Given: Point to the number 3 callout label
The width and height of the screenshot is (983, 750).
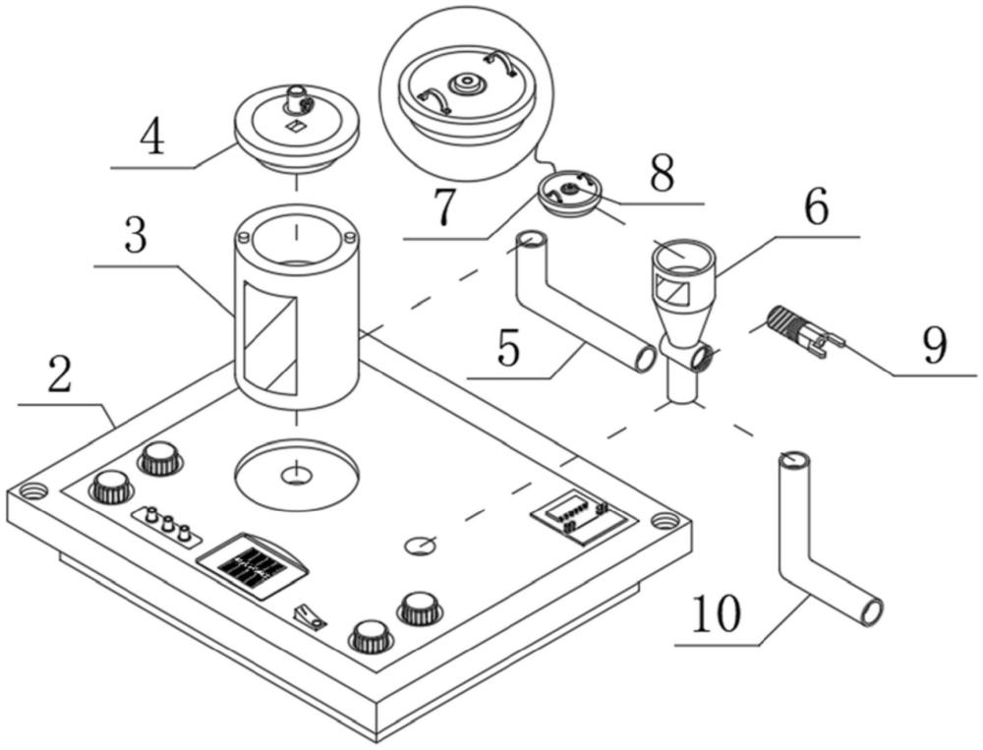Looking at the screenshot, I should tap(136, 237).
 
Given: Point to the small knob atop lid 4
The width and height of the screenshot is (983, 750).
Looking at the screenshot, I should tap(297, 97).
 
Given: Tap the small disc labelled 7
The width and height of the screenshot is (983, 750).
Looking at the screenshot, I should tap(568, 193).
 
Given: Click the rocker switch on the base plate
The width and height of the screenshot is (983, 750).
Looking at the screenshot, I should tap(310, 616).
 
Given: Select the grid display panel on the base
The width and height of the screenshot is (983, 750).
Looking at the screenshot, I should tap(253, 566).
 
